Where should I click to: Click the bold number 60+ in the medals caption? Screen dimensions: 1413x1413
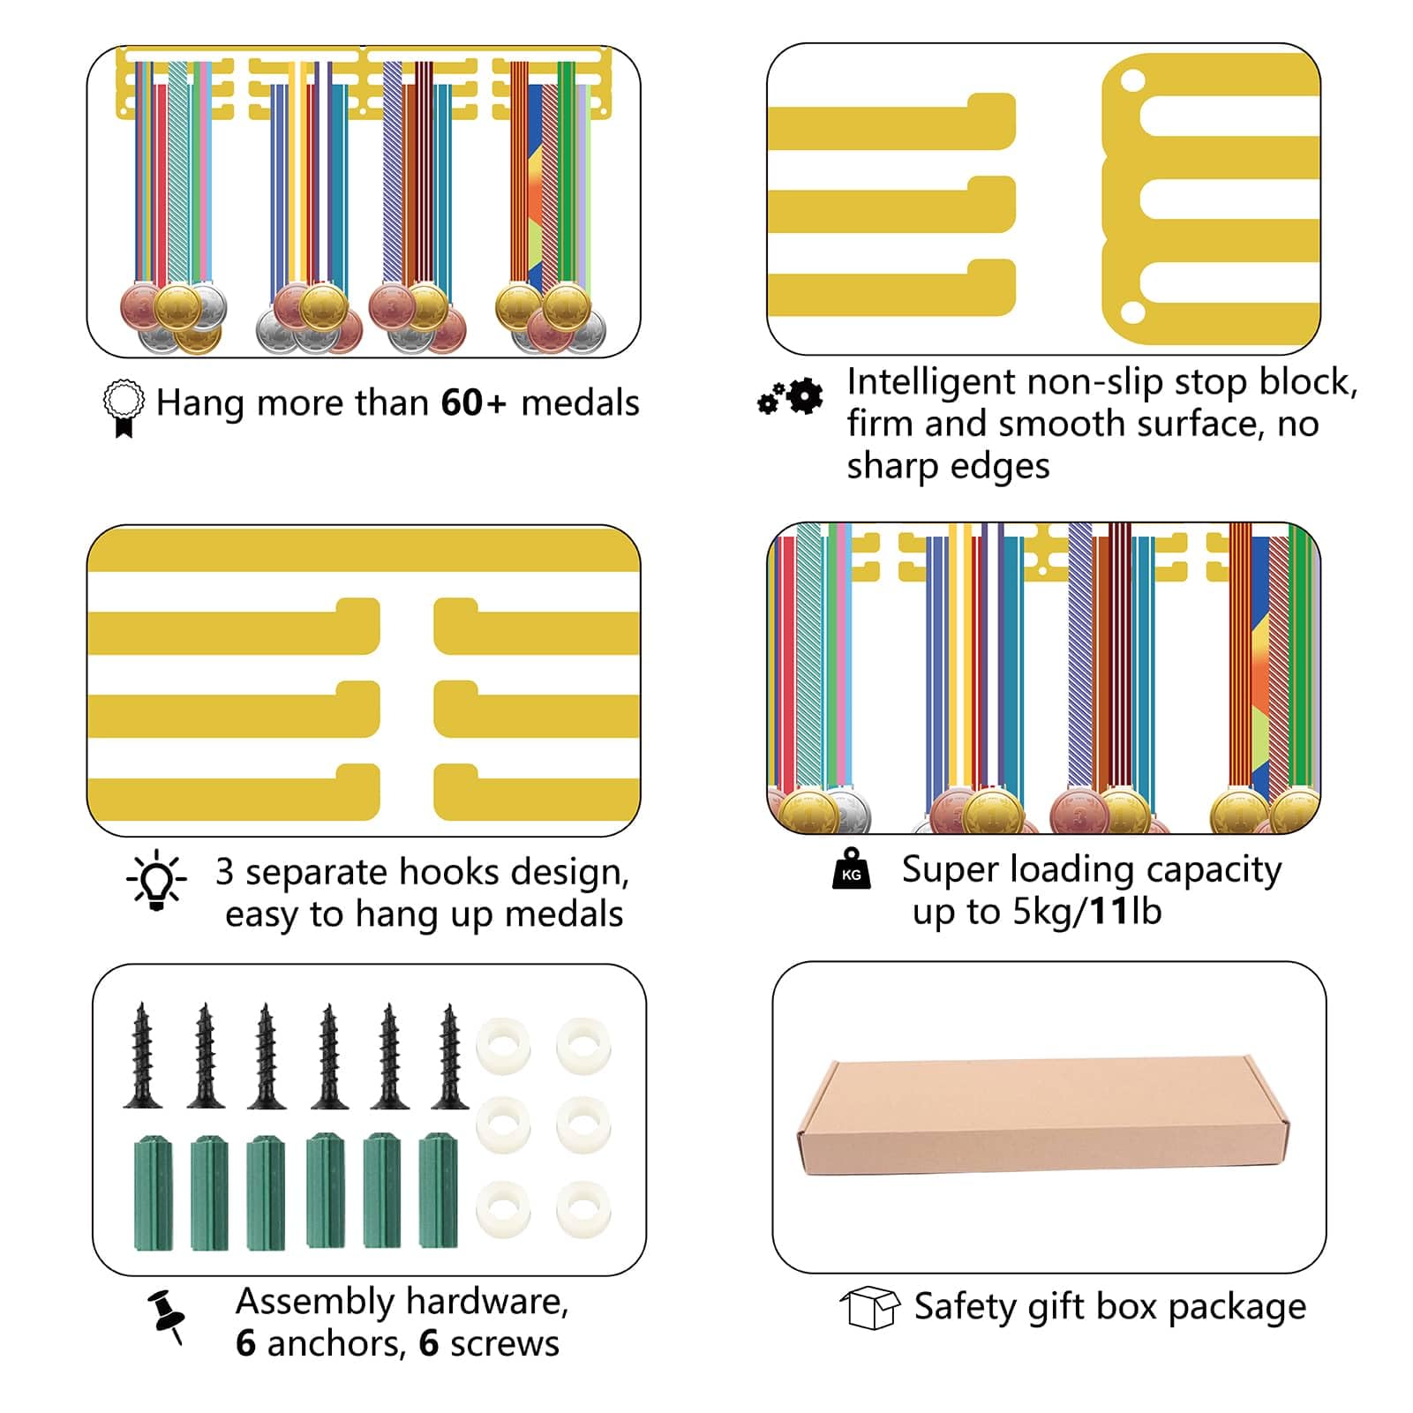coord(474,402)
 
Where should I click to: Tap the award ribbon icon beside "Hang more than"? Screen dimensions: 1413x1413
coord(123,407)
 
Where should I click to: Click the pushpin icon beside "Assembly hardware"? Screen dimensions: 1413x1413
coord(167,1316)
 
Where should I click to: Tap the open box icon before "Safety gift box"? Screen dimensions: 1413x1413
coord(870,1307)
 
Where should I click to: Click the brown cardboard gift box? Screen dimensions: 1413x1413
coord(1042,1117)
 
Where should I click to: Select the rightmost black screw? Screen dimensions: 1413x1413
coord(449,1056)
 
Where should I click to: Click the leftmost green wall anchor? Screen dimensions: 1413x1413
coord(154,1194)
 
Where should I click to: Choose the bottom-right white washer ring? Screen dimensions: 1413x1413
coord(583,1208)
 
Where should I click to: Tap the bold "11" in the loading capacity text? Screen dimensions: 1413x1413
coord(1109,911)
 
